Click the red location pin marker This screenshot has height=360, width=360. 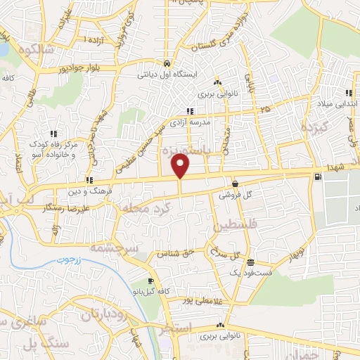181,167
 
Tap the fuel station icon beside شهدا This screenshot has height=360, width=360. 321,176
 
